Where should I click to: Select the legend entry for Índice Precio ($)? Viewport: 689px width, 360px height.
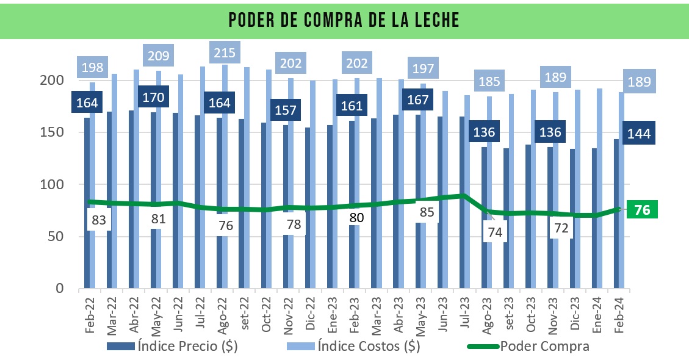click(x=173, y=347)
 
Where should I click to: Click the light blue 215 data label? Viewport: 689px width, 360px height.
click(x=225, y=52)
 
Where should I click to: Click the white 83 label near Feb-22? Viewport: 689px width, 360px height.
click(x=100, y=220)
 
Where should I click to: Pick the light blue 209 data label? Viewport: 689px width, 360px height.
click(x=159, y=56)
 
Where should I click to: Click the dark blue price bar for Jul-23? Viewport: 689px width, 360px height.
click(x=463, y=201)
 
